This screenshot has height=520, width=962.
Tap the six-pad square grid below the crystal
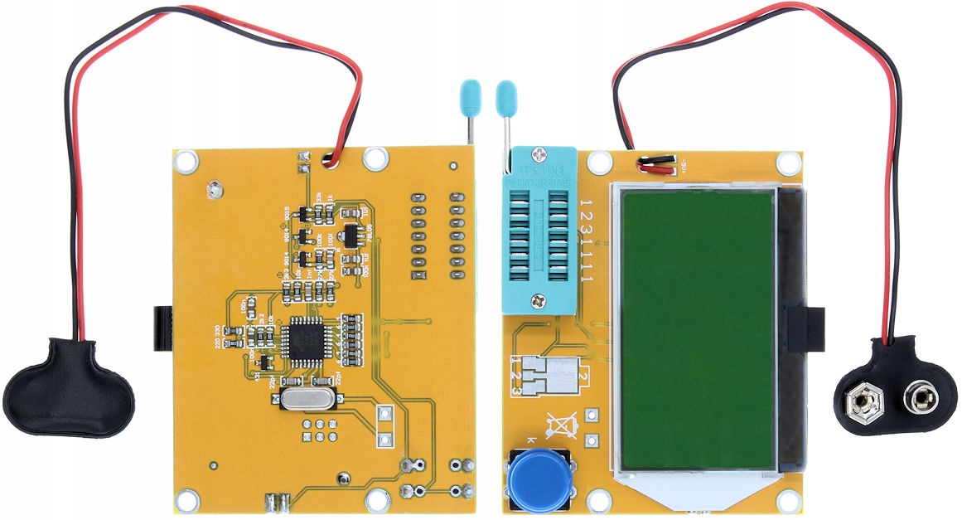(319, 430)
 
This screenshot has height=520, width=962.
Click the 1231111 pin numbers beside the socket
(587, 241)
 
